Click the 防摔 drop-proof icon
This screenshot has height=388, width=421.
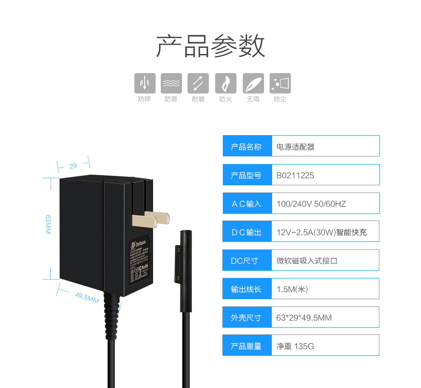pyautogui.click(x=145, y=83)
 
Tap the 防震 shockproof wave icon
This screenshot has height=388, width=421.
pyautogui.click(x=171, y=83)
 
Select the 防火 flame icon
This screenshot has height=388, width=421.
pyautogui.click(x=226, y=83)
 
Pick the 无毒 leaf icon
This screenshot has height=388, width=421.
pyautogui.click(x=253, y=83)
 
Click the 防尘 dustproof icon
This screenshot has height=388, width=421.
pyautogui.click(x=280, y=83)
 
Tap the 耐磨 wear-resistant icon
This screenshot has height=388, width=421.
pyautogui.click(x=198, y=83)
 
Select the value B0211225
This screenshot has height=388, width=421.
pyautogui.click(x=295, y=175)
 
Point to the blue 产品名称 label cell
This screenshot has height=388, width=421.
pyautogui.click(x=247, y=146)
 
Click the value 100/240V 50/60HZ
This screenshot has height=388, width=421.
pyautogui.click(x=311, y=204)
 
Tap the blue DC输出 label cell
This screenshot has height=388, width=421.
pyautogui.click(x=247, y=232)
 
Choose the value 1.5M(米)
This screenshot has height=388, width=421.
pyautogui.click(x=292, y=289)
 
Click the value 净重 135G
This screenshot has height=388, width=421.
pyautogui.click(x=295, y=346)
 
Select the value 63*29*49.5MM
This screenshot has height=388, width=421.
pyautogui.click(x=304, y=317)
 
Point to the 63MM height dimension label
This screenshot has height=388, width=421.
pyautogui.click(x=48, y=225)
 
